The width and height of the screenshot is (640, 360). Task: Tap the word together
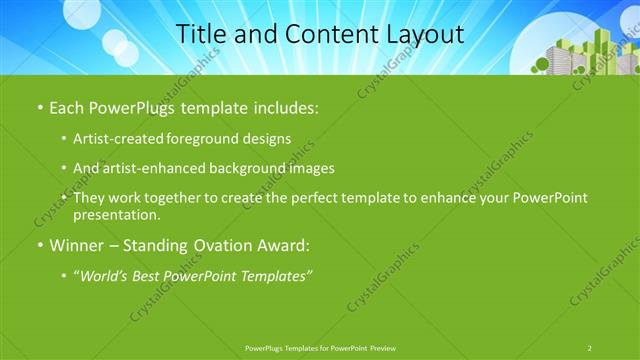(x=176, y=198)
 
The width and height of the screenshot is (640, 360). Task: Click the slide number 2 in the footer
(x=590, y=348)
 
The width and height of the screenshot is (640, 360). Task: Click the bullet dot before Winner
(x=39, y=244)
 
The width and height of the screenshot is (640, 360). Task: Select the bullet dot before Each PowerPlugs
(x=39, y=105)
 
